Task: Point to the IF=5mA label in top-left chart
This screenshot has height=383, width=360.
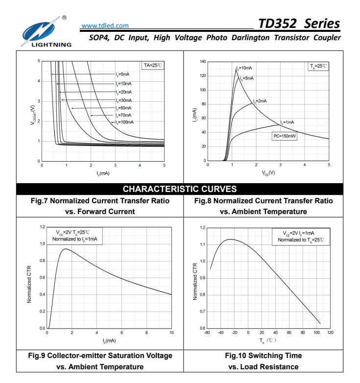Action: tap(123, 74)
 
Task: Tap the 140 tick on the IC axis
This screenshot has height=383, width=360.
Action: tap(202, 62)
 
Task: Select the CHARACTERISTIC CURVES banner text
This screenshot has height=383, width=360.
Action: tap(180, 189)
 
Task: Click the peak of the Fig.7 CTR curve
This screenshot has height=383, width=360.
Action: tap(65, 249)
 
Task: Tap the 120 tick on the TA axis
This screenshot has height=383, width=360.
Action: tap(330, 333)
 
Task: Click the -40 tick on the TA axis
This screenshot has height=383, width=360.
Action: tap(221, 333)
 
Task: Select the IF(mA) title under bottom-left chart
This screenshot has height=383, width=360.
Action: tap(109, 340)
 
